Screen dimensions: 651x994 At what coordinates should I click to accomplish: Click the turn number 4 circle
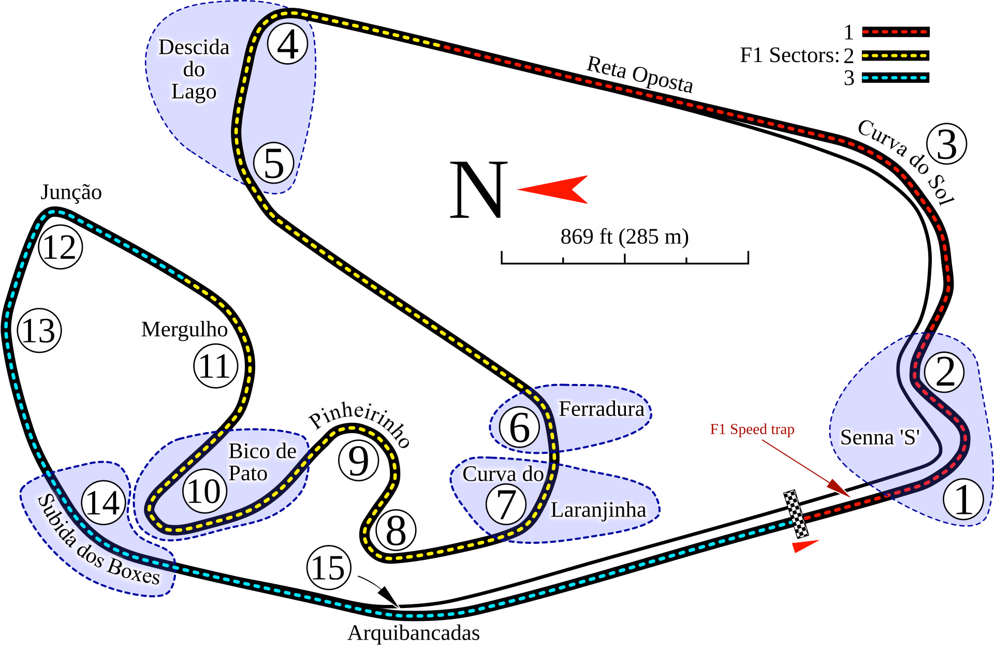(288, 45)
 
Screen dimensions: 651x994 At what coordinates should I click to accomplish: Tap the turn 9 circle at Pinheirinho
(359, 460)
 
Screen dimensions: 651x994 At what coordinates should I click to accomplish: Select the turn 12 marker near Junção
(61, 247)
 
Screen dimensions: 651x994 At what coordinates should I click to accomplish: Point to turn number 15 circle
(329, 568)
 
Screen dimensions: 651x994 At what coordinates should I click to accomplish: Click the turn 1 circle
(963, 499)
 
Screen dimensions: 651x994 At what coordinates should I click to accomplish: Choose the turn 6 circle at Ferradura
(520, 427)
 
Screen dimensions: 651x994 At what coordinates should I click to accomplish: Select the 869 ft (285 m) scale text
(624, 236)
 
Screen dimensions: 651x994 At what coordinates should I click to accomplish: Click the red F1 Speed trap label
(752, 430)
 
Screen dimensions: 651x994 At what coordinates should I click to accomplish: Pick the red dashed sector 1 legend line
(896, 32)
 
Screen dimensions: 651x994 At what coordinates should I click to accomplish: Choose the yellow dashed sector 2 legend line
(896, 55)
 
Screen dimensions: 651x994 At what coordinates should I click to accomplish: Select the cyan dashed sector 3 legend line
(896, 78)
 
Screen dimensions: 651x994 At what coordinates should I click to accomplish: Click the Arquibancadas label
(413, 633)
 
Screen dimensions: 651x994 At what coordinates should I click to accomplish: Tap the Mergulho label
(184, 329)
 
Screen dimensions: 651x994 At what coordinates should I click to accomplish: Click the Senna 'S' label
(880, 437)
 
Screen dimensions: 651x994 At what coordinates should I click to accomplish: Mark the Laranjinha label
(598, 510)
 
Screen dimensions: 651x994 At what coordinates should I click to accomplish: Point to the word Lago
(194, 92)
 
